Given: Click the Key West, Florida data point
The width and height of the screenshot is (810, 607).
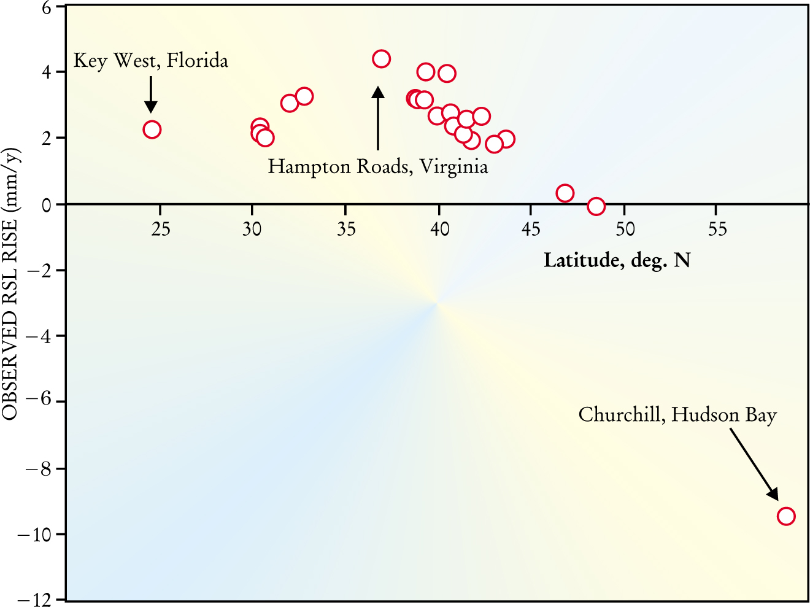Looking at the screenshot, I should coord(152,130).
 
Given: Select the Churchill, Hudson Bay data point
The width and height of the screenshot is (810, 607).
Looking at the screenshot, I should coord(785,516).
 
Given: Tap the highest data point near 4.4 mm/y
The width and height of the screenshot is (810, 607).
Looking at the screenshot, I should coord(381,59).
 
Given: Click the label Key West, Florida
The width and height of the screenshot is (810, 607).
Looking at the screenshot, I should coord(151,61).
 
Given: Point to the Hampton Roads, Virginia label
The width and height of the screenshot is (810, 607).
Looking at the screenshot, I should coord(378,167).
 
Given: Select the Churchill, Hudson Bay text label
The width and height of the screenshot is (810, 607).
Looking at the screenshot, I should coord(677,416).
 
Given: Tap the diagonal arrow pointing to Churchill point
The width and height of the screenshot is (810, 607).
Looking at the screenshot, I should coord(754,464).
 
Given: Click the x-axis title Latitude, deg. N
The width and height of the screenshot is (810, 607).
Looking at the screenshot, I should coord(617,260).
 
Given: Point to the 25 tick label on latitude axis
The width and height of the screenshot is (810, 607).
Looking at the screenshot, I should coord(160,230).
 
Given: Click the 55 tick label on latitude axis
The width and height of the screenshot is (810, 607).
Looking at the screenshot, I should coord(717,230).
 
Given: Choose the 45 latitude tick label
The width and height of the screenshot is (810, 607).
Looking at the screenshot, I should coord(531,230).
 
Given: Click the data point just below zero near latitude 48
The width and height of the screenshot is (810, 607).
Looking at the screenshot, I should coord(596,206).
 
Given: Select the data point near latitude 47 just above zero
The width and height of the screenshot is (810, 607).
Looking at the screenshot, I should coord(565,193).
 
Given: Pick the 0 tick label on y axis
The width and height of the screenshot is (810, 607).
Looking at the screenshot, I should coord(46,204).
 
